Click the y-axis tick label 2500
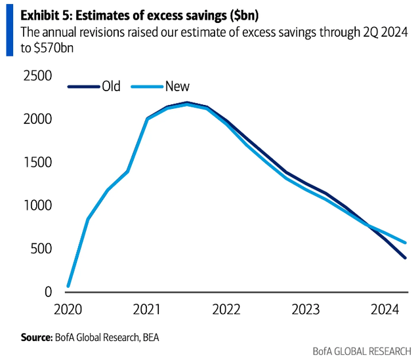(x=38, y=77)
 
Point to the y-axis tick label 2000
(x=38, y=120)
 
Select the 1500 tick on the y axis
(x=38, y=163)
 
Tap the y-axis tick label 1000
(x=38, y=206)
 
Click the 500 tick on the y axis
(x=41, y=249)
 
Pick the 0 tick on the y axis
(x=48, y=292)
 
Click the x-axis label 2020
(x=68, y=309)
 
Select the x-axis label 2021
(x=147, y=309)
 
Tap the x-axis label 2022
(x=226, y=309)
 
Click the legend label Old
(x=111, y=86)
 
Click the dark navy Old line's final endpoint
(x=406, y=258)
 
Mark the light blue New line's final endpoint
(x=406, y=243)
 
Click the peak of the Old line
(x=187, y=102)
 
